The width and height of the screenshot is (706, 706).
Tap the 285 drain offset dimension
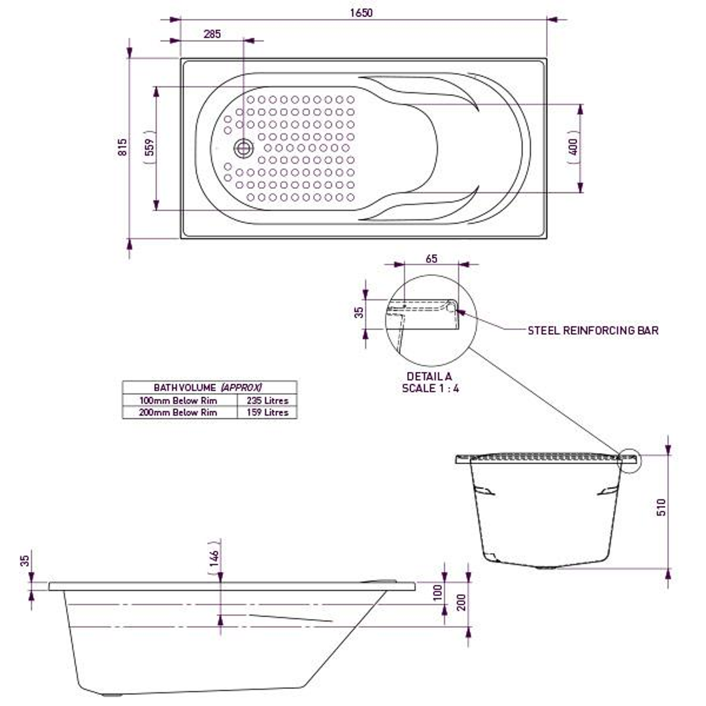(x=212, y=34)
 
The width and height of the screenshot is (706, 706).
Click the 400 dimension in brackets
(x=573, y=148)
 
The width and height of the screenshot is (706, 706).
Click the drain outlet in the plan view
(x=244, y=148)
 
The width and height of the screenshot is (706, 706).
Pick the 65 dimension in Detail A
(x=431, y=258)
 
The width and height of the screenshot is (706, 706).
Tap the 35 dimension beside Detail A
(x=358, y=312)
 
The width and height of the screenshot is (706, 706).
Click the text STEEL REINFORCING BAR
(x=593, y=331)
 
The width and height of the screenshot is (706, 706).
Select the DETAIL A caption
(x=429, y=377)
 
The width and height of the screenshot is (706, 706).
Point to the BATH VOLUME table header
(x=209, y=388)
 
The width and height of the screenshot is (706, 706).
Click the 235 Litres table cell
(x=267, y=401)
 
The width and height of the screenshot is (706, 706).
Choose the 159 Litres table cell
(x=267, y=412)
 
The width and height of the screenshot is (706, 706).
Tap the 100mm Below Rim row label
(x=178, y=401)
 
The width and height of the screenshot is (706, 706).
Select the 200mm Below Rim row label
(x=178, y=412)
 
